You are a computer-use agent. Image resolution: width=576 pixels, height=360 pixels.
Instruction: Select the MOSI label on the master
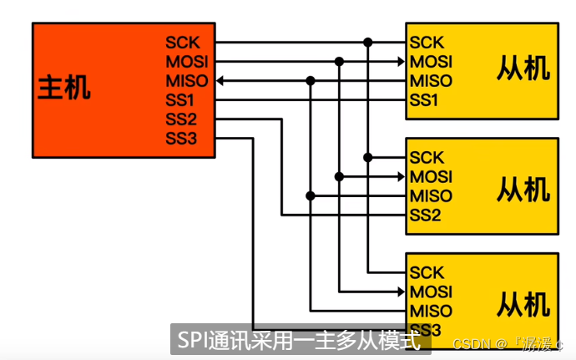point(185,62)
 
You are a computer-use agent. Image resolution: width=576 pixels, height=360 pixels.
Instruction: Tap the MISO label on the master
point(184,81)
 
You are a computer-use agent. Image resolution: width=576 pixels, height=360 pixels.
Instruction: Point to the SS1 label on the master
point(180,100)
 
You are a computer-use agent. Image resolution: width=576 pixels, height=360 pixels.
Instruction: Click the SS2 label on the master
point(180,119)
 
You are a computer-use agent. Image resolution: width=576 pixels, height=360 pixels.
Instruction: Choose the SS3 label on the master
point(180,138)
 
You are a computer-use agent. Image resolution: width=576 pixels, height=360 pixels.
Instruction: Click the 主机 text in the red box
point(63,89)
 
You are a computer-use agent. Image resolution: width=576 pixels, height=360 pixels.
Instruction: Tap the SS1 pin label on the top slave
point(424,100)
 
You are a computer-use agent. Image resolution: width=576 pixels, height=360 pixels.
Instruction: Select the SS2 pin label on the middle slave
point(425,215)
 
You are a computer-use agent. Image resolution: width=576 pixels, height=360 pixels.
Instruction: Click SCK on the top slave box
point(427,43)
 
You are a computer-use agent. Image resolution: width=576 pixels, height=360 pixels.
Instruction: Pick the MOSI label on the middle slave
point(431,177)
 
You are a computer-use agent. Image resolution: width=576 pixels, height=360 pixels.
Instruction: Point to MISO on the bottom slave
point(431,312)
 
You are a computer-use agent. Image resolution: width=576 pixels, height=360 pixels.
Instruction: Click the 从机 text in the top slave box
point(523,68)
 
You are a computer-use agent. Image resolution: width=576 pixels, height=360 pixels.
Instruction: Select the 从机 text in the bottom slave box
point(523,302)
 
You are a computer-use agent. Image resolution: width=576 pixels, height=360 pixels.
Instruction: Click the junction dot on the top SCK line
point(367,42)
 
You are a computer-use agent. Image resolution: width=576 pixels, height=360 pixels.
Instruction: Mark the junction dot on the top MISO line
point(311,81)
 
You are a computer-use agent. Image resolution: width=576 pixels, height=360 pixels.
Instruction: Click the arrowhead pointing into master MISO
point(222,81)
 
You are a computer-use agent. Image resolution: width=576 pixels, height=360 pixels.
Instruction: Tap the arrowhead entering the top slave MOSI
point(400,62)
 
